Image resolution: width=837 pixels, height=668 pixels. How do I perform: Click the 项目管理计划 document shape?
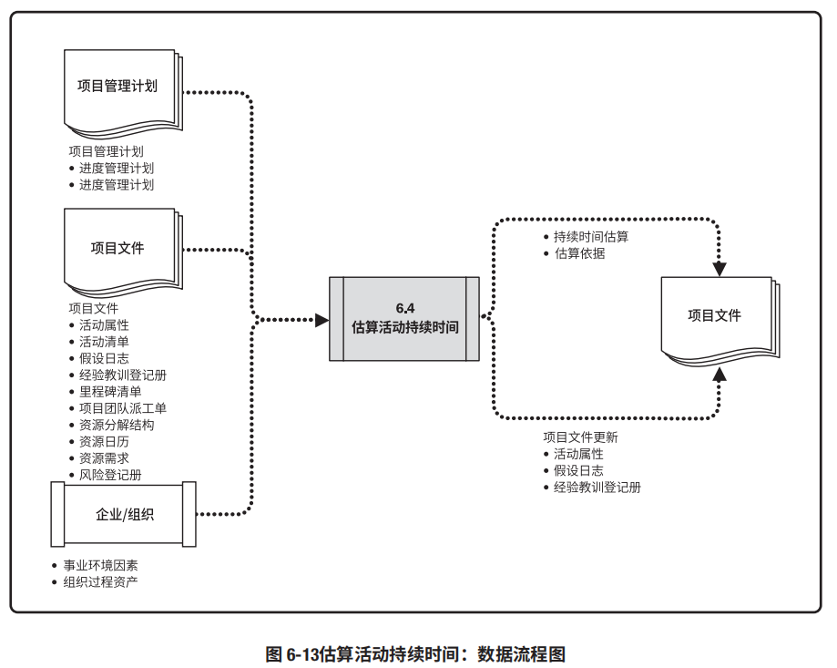click(x=119, y=87)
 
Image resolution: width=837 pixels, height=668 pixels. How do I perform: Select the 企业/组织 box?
click(x=125, y=514)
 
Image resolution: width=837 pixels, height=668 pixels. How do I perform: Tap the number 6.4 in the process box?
click(x=405, y=307)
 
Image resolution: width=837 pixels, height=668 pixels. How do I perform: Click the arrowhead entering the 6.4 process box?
click(x=322, y=320)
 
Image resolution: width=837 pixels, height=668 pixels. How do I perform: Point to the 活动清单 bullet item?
click(x=104, y=342)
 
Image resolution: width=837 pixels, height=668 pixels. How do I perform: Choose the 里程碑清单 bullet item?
click(x=110, y=392)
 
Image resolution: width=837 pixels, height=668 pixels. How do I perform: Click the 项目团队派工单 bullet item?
click(x=123, y=408)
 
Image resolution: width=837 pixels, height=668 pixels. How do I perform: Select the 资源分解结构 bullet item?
click(x=117, y=425)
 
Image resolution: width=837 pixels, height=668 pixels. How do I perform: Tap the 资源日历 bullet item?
click(x=104, y=441)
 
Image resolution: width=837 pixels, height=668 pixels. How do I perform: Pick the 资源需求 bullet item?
click(x=104, y=458)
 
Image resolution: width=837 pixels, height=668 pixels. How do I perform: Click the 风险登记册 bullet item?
click(x=110, y=475)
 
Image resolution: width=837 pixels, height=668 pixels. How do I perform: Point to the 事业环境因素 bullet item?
click(x=100, y=565)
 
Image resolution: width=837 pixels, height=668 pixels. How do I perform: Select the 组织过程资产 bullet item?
click(x=100, y=581)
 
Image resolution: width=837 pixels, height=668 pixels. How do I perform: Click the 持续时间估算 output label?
click(x=591, y=237)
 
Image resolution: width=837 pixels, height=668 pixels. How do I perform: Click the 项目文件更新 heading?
click(x=580, y=437)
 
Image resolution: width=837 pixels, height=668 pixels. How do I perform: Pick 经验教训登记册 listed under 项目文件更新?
click(x=597, y=488)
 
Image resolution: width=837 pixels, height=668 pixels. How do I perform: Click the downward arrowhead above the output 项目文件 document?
click(x=720, y=269)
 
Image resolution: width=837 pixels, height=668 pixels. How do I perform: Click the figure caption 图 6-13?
click(x=415, y=654)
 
